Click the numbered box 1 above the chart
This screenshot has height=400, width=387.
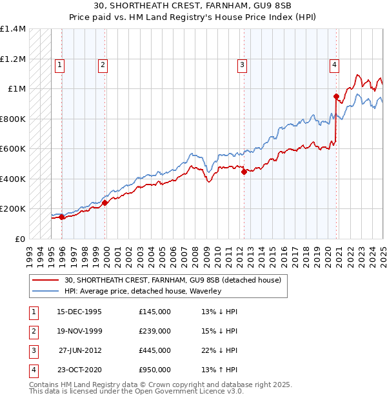click(59, 64)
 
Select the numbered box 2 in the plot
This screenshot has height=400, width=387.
click(103, 64)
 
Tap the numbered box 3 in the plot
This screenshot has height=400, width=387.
click(241, 64)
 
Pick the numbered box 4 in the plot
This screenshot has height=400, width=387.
click(335, 64)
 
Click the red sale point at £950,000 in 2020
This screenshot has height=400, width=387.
click(336, 97)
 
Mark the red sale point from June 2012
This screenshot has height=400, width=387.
click(244, 172)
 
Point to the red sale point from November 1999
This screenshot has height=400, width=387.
click(104, 203)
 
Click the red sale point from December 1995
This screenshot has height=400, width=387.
click(62, 217)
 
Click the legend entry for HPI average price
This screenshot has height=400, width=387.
click(143, 291)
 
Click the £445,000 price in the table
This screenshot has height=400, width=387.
click(155, 351)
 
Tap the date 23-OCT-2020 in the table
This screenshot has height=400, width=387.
click(79, 370)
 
